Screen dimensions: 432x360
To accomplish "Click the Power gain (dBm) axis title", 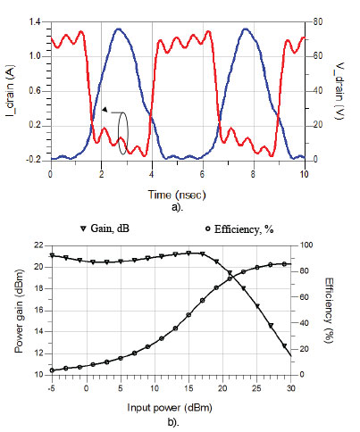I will tap(19, 310).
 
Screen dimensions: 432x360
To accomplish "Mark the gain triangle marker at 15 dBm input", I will tap(188, 253).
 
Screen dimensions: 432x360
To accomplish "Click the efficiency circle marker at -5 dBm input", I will tap(52, 370).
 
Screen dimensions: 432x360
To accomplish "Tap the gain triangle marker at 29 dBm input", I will tap(284, 345).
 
